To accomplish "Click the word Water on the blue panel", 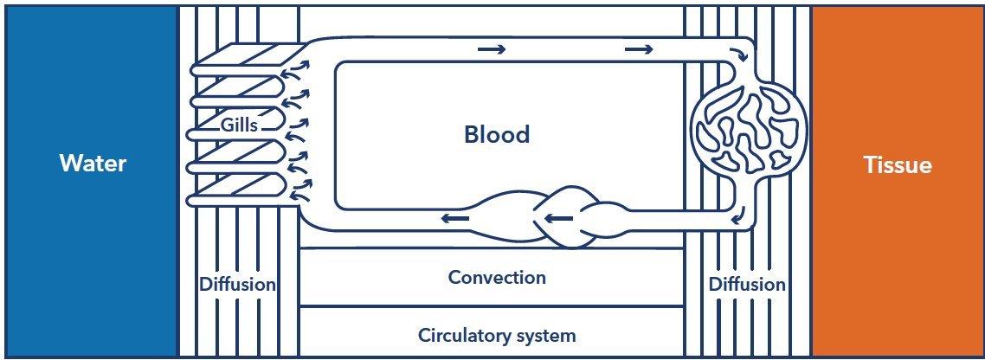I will click(x=93, y=164).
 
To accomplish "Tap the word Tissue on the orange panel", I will click(x=898, y=165).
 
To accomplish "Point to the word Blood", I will click(x=497, y=134).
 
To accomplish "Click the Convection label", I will click(x=497, y=277).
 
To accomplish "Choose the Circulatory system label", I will click(x=497, y=334).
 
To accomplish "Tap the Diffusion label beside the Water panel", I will click(x=237, y=284).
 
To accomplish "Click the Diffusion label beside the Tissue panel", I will click(x=746, y=284).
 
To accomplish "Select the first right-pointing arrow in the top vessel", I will click(x=491, y=49).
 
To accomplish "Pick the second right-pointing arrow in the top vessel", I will click(x=639, y=49).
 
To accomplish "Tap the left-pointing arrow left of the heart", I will click(x=455, y=218).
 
